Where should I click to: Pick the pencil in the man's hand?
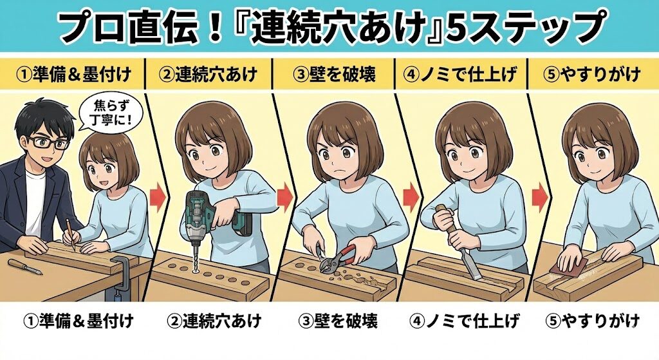68,234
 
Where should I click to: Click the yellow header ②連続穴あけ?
209,75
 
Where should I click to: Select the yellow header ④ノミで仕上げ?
463,75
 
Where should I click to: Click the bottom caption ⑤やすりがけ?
591,320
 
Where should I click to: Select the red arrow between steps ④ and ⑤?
541,194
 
